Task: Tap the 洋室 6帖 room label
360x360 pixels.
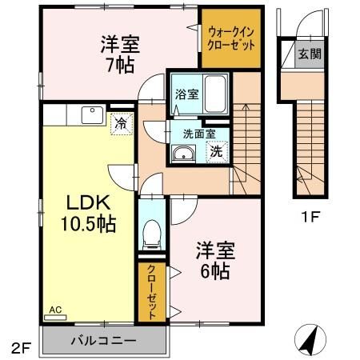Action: point(214,261)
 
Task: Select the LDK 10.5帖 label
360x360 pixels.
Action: point(88,213)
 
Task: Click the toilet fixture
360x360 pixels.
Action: point(150,232)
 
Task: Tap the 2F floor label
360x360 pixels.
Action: point(20,348)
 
